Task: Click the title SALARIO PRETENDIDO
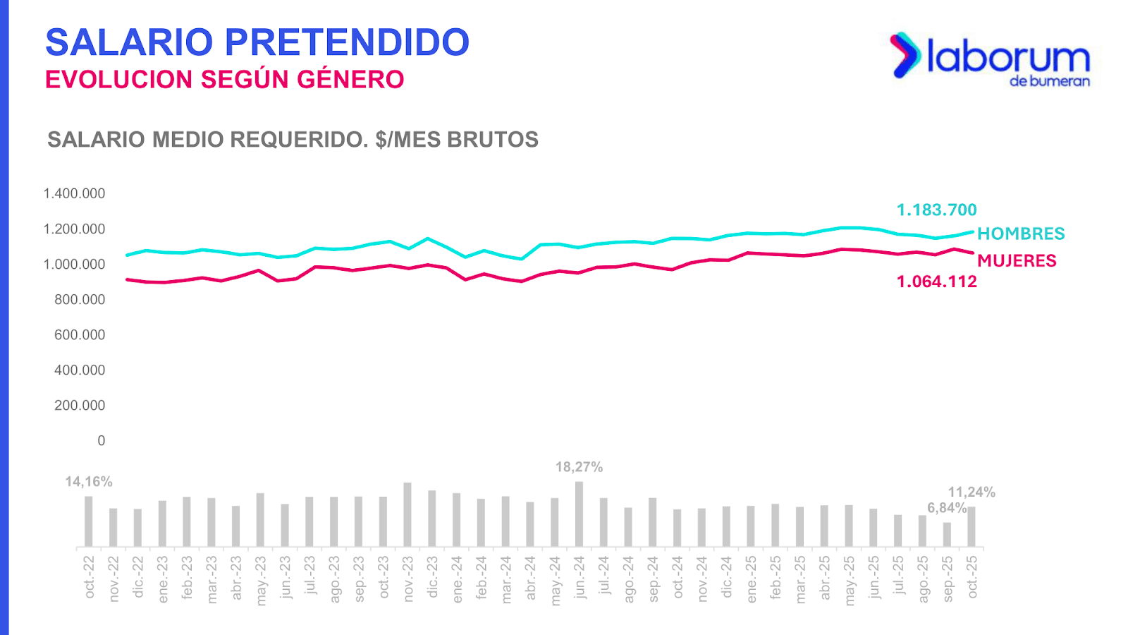tap(257, 42)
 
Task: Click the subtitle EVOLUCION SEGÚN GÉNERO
tap(224, 80)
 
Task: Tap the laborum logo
tap(991, 58)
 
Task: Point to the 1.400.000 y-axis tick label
tap(74, 194)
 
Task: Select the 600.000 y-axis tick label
tap(80, 335)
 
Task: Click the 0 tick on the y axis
tap(101, 441)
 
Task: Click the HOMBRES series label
tap(1021, 234)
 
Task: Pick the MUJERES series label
tap(1017, 261)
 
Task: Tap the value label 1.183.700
tap(936, 210)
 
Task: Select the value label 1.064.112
tap(936, 282)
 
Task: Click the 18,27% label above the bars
tap(579, 467)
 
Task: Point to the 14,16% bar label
tap(89, 482)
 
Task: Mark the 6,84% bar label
tap(947, 508)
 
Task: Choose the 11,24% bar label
tap(971, 492)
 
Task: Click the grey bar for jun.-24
tap(579, 514)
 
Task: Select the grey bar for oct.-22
tap(89, 521)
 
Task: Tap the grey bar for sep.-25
tap(947, 534)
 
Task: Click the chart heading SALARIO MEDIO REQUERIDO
tap(293, 140)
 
